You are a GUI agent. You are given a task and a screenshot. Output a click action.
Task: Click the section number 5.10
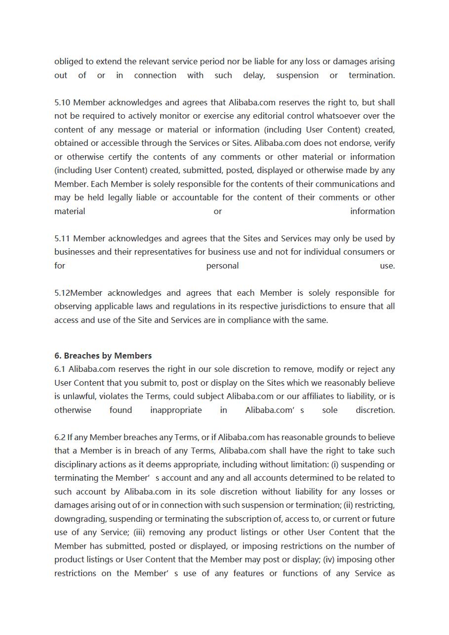[x=62, y=103]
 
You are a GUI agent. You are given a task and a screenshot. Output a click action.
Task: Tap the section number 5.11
[x=62, y=239]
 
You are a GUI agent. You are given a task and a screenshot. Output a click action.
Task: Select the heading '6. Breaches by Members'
[x=103, y=356]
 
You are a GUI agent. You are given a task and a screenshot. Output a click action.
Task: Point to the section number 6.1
[x=60, y=369]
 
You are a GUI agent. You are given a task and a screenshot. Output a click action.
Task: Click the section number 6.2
[x=60, y=438]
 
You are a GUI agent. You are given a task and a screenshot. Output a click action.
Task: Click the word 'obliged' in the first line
[x=69, y=62]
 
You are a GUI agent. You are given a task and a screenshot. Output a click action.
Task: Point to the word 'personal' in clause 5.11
[x=222, y=266]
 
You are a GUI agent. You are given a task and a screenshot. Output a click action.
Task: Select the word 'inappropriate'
[x=176, y=410]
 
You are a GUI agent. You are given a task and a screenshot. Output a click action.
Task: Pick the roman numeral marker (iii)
[x=141, y=533]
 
